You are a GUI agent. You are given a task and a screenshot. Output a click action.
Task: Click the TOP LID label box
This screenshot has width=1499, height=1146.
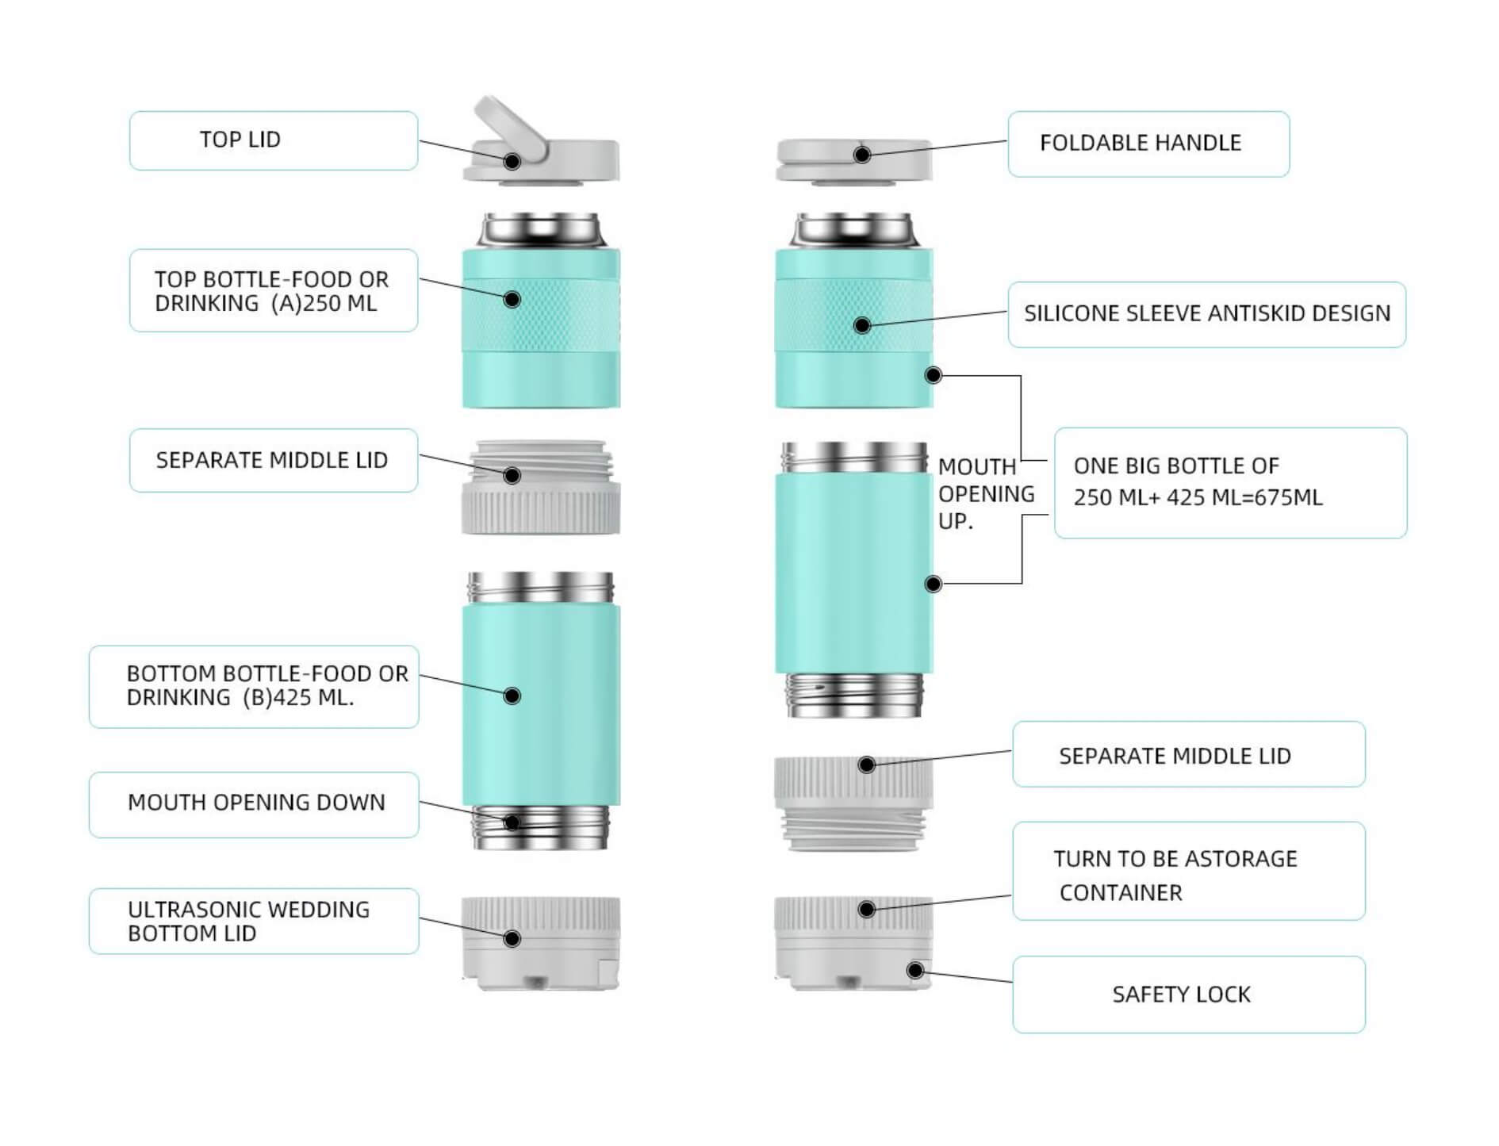point(273,140)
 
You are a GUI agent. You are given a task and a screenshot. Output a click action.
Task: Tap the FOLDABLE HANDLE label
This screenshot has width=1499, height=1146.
point(1147,144)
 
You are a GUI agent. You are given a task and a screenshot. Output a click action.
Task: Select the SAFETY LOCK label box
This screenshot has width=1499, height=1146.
point(1187,994)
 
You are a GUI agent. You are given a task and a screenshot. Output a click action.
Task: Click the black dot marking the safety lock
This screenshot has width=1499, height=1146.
point(914,970)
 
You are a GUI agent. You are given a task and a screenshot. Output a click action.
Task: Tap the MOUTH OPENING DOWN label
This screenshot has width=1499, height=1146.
point(255,803)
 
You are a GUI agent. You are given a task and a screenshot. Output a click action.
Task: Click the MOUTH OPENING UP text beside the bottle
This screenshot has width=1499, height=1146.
point(985,493)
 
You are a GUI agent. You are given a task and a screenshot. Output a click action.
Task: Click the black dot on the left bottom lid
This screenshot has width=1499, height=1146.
point(512,938)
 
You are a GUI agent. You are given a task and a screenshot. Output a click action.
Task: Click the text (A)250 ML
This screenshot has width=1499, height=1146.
point(324,304)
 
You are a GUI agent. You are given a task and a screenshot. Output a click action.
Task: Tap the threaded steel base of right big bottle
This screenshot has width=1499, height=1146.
point(853,694)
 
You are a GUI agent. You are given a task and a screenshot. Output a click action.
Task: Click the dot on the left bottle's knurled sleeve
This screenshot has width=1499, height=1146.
point(512,299)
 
